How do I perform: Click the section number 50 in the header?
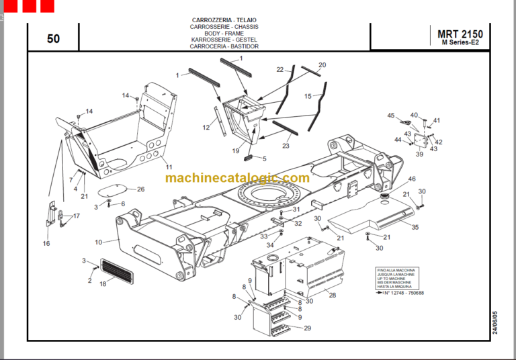(x=53, y=39)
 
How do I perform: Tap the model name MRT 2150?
(x=460, y=34)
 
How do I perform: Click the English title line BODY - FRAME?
(x=224, y=34)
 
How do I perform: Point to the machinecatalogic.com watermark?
(x=237, y=178)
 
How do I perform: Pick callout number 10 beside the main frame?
(x=98, y=242)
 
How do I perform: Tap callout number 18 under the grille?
(x=103, y=284)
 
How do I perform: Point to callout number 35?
(x=415, y=228)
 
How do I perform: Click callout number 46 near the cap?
(x=412, y=179)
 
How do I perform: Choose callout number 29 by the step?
(x=307, y=328)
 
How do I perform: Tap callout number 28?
(x=331, y=294)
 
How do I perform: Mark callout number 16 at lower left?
(x=46, y=243)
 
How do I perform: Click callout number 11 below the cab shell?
(x=169, y=167)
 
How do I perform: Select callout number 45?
(x=390, y=116)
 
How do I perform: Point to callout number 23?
(x=286, y=146)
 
